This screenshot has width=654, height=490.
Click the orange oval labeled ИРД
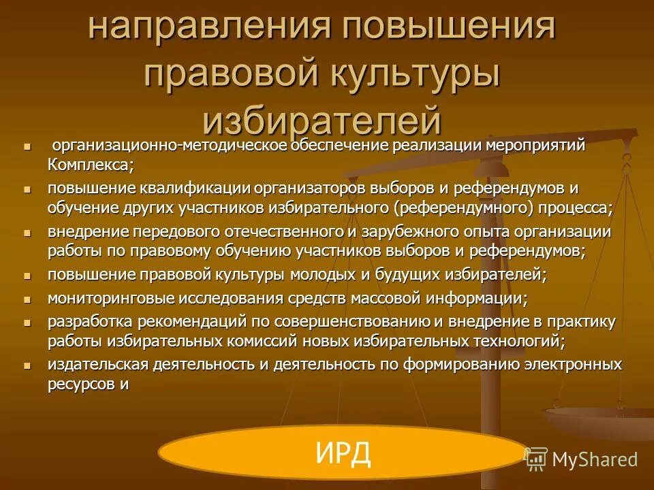click(343, 453)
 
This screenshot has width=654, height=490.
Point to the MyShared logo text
click(594, 459)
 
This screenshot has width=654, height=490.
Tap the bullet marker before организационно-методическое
click(27, 146)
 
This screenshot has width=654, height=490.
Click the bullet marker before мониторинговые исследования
click(27, 298)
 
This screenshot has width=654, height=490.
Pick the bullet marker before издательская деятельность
click(27, 365)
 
